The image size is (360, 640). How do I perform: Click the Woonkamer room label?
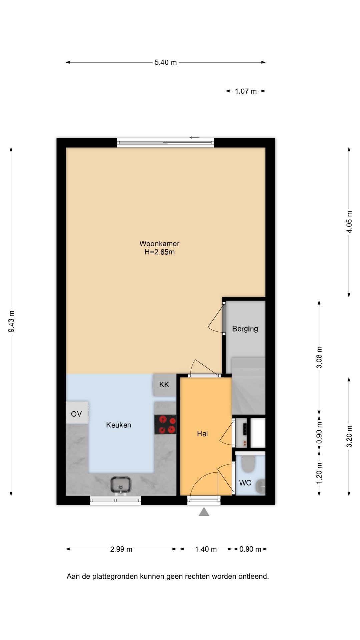[x=159, y=244]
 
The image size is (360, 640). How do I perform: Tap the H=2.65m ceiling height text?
[x=159, y=252]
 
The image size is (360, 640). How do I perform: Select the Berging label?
[x=245, y=329]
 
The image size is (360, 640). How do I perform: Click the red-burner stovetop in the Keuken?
[x=165, y=424]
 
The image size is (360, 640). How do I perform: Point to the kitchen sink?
[x=121, y=485]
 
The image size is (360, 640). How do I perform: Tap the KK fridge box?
[x=164, y=385]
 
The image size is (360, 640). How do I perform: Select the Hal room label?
[x=202, y=434]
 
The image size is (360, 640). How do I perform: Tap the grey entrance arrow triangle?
[x=204, y=512]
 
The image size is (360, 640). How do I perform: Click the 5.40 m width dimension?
[x=166, y=62]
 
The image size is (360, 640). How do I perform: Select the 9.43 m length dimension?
[x=11, y=321]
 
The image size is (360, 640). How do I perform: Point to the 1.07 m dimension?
[x=246, y=91]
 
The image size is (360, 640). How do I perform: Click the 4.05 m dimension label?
[x=349, y=222]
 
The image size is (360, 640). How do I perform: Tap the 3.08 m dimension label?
[x=319, y=357]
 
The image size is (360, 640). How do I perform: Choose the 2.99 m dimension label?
[x=121, y=549]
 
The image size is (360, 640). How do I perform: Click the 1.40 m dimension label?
[x=206, y=549]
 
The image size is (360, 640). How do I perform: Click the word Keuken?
[x=118, y=425]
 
